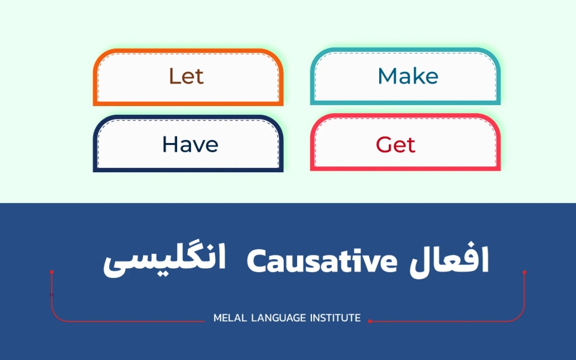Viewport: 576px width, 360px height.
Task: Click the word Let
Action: (x=186, y=77)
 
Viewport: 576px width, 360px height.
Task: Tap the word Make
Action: (x=408, y=77)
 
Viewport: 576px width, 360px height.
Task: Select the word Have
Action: (x=190, y=145)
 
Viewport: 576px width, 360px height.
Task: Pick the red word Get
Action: (x=395, y=145)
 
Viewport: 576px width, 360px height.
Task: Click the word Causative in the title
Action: (x=323, y=261)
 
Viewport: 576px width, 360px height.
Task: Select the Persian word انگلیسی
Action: (x=165, y=262)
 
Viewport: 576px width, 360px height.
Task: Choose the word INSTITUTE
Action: (x=335, y=318)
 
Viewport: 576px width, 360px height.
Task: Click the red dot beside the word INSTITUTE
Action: (x=370, y=321)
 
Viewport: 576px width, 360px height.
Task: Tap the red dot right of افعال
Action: (x=524, y=272)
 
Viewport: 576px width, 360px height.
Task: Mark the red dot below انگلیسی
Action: (x=52, y=272)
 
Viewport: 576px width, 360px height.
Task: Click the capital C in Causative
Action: (x=256, y=261)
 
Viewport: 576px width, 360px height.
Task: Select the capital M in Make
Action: (x=386, y=77)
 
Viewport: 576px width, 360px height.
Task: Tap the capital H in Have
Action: (x=170, y=145)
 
